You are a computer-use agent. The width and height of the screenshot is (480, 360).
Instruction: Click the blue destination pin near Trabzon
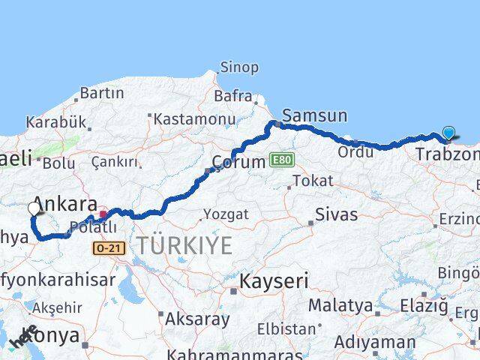point(448,133)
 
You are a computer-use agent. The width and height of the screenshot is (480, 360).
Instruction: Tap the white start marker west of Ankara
point(34,208)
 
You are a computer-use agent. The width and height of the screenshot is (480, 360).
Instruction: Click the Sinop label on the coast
point(239,67)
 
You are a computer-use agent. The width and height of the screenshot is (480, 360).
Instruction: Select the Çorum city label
point(238,161)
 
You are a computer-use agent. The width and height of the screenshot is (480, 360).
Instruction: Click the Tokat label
point(313,181)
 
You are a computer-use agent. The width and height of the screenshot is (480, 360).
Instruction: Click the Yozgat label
point(226,214)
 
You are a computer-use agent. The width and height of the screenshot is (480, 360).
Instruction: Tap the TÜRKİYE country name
point(184,244)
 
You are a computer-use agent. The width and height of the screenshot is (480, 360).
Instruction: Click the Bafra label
point(232,95)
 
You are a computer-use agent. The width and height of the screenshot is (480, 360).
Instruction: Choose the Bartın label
point(101,93)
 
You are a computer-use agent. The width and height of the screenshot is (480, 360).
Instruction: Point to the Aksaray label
point(196,319)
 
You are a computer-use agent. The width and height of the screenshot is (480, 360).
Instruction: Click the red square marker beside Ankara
point(103,213)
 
